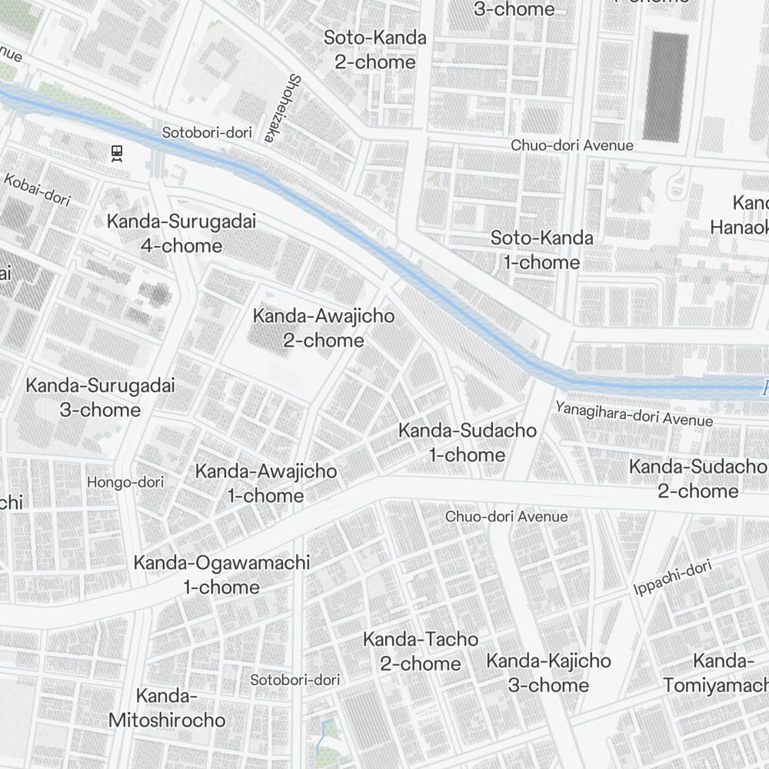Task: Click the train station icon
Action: click(118, 153)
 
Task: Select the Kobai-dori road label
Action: click(37, 189)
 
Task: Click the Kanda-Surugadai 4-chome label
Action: click(181, 234)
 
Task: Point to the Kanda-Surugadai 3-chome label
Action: click(100, 397)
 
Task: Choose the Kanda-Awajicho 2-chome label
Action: click(323, 328)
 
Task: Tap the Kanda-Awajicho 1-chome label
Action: click(265, 483)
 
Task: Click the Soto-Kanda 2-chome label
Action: click(375, 49)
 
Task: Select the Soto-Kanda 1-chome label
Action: click(542, 250)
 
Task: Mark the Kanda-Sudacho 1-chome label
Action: click(467, 442)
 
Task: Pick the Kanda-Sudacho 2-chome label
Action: click(697, 478)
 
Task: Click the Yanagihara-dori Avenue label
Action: click(634, 414)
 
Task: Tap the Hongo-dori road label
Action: click(125, 482)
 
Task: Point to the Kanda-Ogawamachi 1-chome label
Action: click(221, 574)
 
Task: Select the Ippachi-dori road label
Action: click(673, 578)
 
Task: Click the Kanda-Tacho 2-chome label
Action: click(421, 651)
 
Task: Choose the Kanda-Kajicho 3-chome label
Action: click(548, 672)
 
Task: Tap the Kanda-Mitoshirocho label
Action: click(167, 708)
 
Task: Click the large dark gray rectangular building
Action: click(665, 87)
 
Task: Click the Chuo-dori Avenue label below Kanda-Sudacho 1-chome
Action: click(506, 516)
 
